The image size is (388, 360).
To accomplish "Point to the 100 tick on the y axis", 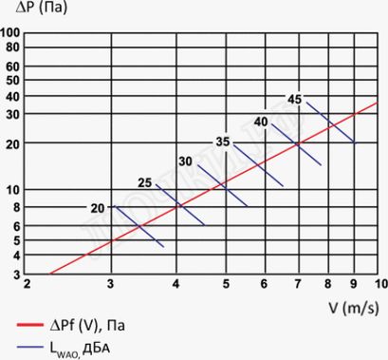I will pyautogui.click(x=12, y=33).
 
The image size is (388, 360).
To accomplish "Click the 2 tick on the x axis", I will pyautogui.click(x=28, y=285).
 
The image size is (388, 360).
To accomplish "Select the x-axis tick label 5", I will pyautogui.click(x=226, y=285).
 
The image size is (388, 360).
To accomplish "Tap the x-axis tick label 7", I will pyautogui.click(x=298, y=285).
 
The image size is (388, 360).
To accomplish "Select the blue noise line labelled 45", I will pyautogui.click(x=328, y=120).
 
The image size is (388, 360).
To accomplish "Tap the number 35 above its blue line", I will pyautogui.click(x=223, y=142).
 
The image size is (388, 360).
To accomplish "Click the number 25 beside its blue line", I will pyautogui.click(x=145, y=181).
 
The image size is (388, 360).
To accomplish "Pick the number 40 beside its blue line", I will pyautogui.click(x=260, y=122).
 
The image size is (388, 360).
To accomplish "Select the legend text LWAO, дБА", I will pyautogui.click(x=85, y=347).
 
